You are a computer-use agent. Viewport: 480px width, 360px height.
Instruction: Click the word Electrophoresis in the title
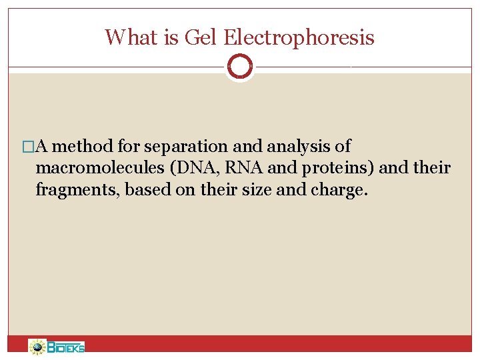coord(299,37)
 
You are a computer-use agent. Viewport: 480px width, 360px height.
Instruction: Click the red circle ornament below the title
coord(239,66)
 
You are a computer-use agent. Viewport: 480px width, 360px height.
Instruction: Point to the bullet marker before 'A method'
coord(27,147)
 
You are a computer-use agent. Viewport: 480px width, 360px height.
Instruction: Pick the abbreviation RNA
coord(240,168)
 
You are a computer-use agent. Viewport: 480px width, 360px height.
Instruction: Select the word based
coord(144,190)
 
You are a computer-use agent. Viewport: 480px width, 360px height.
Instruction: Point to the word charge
coord(339,190)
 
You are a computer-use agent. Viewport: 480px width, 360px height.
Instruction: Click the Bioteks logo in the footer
coord(57,347)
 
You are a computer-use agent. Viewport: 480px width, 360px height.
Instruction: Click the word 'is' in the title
coord(170,37)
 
